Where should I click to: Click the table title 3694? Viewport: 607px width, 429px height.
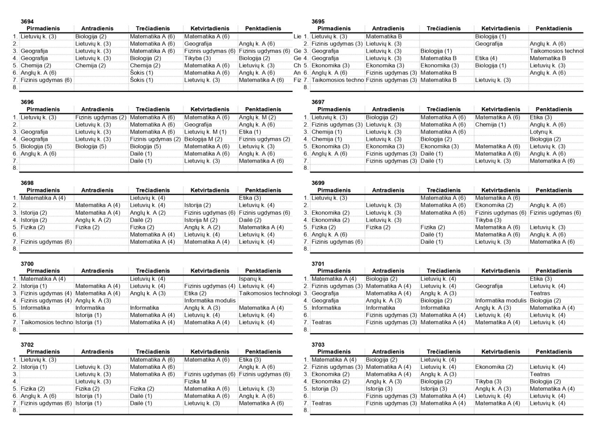pyautogui.click(x=27, y=22)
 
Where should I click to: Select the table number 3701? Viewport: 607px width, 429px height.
pyautogui.click(x=318, y=264)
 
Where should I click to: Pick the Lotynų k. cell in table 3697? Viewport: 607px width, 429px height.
pyautogui.click(x=542, y=132)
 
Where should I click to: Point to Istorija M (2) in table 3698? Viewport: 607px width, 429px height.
pyautogui.click(x=201, y=220)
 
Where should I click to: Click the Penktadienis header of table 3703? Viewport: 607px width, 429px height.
pyautogui.click(x=554, y=352)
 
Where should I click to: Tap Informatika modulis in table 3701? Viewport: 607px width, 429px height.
pyautogui.click(x=500, y=301)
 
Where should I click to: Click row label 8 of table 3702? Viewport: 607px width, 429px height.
pyautogui.click(x=15, y=410)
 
